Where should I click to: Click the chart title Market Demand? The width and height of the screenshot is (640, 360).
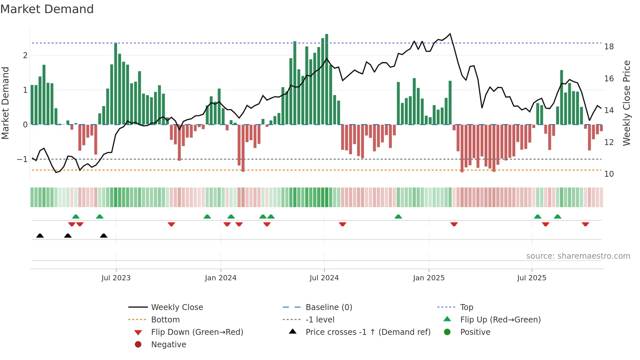tap(47, 9)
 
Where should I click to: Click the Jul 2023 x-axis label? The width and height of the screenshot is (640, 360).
tap(116, 278)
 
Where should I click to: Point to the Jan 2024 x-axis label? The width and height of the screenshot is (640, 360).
tap(220, 278)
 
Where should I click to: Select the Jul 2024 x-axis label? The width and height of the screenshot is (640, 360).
tap(324, 278)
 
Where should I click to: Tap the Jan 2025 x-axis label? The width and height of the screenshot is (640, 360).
tap(428, 278)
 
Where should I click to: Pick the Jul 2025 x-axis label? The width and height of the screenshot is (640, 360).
tap(532, 278)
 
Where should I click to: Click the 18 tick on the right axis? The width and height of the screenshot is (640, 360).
tap(609, 47)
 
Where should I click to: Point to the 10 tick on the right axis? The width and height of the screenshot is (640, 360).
tap(609, 174)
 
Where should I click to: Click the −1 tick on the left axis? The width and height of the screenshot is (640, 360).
tap(22, 159)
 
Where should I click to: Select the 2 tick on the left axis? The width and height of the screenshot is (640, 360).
tap(25, 56)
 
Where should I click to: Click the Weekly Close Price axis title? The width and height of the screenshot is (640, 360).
tap(626, 103)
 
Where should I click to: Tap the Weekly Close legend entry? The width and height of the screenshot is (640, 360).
tap(177, 307)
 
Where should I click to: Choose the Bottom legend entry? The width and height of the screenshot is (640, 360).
tap(165, 320)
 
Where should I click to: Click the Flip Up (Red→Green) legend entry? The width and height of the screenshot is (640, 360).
tap(500, 320)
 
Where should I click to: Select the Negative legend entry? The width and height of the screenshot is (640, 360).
tap(168, 345)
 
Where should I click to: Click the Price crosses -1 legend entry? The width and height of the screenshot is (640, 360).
tap(368, 332)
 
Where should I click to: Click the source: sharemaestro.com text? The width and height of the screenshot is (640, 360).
tap(578, 256)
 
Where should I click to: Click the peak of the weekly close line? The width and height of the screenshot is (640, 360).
tap(450, 34)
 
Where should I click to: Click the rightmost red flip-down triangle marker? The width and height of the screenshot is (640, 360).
tap(585, 224)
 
